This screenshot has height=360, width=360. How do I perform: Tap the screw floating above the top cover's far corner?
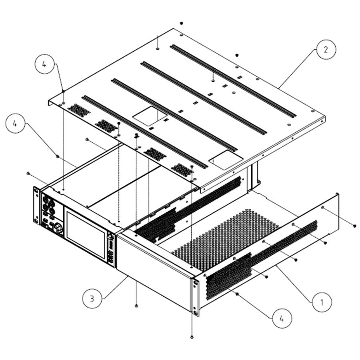coord(181,23)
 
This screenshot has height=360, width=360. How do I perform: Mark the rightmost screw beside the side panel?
coord(354,226)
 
